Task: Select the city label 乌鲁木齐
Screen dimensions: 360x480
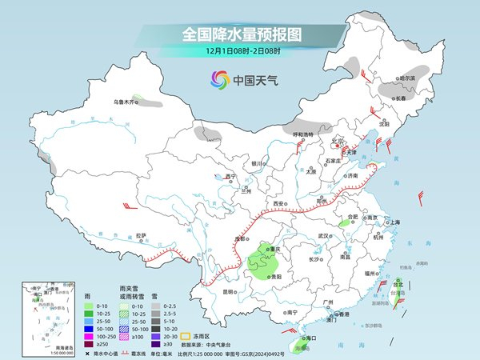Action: point(123,102)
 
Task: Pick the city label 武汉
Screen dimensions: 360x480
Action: point(323,236)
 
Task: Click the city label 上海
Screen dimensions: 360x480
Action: point(394,223)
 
